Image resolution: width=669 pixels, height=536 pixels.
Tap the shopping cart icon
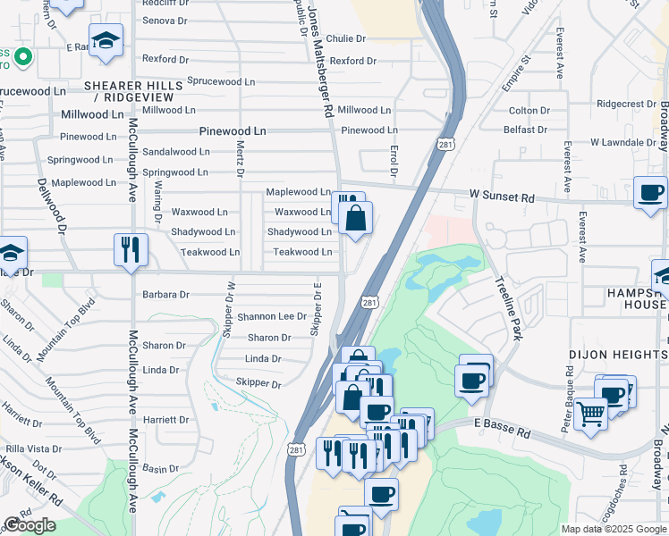[x=591, y=414]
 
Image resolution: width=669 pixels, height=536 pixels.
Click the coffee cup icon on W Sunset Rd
[x=650, y=192]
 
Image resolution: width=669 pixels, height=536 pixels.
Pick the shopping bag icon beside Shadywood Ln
[x=356, y=218]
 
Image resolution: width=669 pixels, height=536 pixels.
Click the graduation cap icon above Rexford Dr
[x=106, y=41]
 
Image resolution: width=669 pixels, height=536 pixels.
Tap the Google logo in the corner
[x=30, y=525]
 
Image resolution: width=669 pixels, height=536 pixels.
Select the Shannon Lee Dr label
[x=273, y=317]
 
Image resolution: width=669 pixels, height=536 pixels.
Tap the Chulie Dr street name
[x=346, y=38]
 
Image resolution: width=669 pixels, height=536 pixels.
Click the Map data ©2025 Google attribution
[x=614, y=529]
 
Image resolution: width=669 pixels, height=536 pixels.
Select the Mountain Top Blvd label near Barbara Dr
[x=75, y=318]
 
